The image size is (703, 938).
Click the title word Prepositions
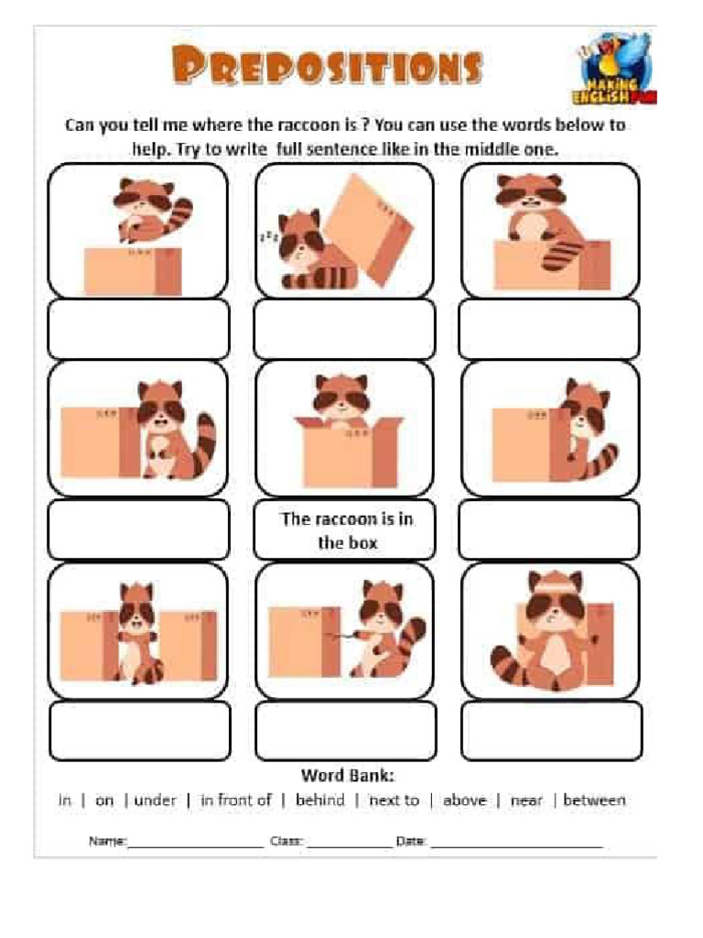tap(327, 67)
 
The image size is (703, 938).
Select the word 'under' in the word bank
tap(155, 800)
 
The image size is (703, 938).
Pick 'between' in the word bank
tap(594, 800)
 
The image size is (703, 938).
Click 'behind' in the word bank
tap(319, 800)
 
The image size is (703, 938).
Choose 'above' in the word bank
tap(464, 800)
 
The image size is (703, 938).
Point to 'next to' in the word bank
tap(394, 800)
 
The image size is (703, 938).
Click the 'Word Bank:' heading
tap(348, 775)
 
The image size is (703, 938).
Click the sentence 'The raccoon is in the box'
tap(347, 530)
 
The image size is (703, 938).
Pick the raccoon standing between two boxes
tap(136, 632)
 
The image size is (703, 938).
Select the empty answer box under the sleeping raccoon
tap(344, 329)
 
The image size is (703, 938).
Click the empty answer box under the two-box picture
tap(140, 730)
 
